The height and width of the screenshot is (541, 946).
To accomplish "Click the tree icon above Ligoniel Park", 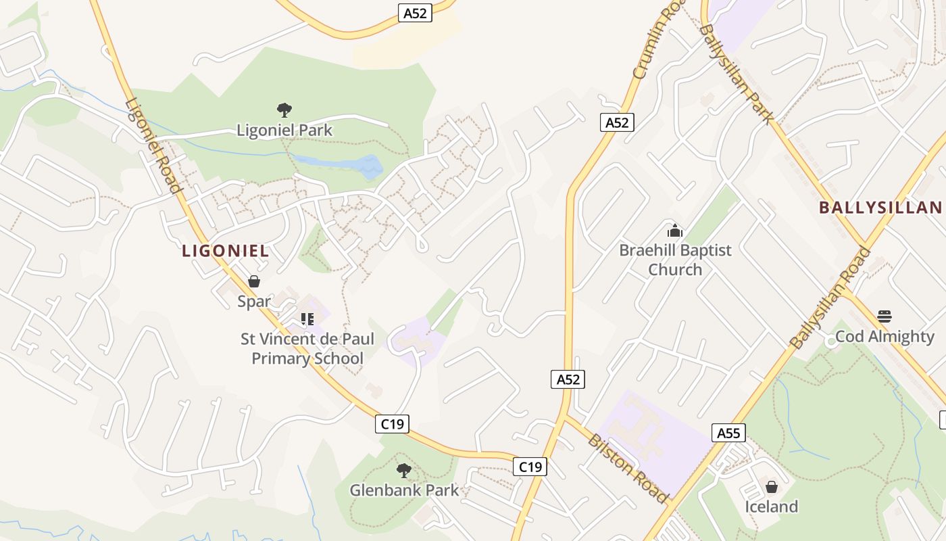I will tap(284, 110).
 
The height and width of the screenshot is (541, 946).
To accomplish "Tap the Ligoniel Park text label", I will tap(284, 130).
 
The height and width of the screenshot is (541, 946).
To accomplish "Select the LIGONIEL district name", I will tap(226, 251).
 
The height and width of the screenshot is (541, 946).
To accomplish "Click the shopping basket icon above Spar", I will tap(254, 281).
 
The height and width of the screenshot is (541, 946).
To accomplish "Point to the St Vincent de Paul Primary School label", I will tap(307, 348).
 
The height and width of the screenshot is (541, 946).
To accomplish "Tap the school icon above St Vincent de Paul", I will tap(307, 319).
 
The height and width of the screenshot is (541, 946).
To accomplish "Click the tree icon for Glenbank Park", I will tap(404, 470).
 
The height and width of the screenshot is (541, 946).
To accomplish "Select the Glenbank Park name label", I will tap(404, 490).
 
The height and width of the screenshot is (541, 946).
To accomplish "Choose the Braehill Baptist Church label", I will tap(675, 260).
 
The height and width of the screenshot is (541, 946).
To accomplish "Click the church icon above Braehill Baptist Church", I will tap(675, 231).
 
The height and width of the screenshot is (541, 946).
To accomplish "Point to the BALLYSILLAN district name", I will tap(880, 207).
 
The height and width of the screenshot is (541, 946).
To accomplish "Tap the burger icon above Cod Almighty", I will tap(885, 316).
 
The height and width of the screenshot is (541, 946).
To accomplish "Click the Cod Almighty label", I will tap(885, 336).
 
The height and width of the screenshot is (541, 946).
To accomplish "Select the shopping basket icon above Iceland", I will tap(771, 486).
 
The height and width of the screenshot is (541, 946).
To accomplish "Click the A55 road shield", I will tap(728, 433).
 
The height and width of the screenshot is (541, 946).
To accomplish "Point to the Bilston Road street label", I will tap(628, 468).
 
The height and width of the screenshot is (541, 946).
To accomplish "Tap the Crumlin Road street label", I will tap(650, 47).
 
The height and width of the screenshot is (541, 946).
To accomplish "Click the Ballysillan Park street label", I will tap(736, 74).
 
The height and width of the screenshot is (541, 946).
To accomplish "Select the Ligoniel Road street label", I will tap(153, 146).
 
